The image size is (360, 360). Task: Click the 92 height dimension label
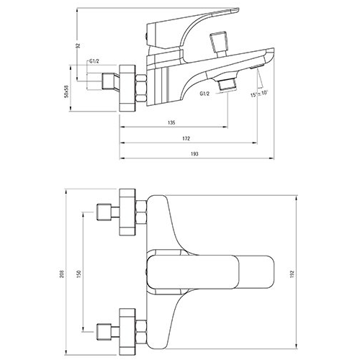coord(78,45)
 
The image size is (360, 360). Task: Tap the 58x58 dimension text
coord(67,91)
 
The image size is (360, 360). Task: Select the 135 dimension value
coord(171,122)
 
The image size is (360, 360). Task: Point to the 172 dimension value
coord(186,138)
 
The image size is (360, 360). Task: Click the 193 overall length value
coord(194,154)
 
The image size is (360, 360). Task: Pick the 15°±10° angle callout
coord(259,94)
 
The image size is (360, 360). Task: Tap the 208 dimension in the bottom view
coord(62,274)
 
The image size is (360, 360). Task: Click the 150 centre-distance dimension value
coord(79,273)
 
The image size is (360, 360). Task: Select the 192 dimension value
coord(292,274)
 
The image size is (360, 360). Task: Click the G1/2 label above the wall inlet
coord(94,61)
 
